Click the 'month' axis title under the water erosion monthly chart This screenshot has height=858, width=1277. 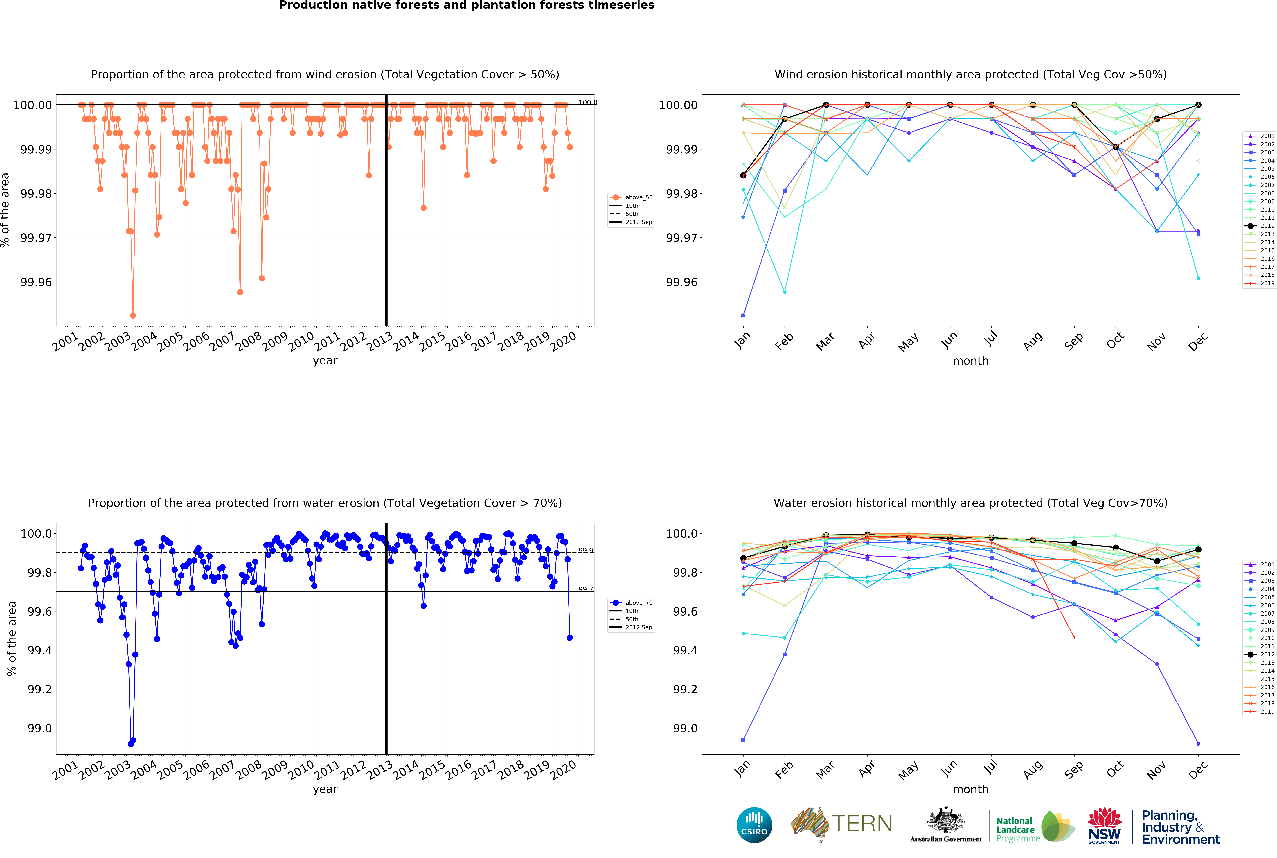click(x=970, y=789)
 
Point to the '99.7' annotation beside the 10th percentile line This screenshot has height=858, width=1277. click(x=585, y=589)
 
